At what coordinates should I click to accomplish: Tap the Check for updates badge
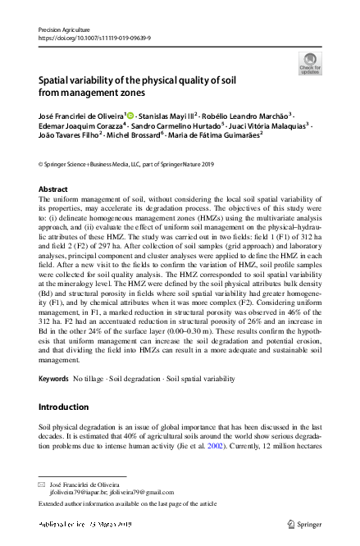tap(311, 64)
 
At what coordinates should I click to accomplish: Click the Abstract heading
tap(54, 189)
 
